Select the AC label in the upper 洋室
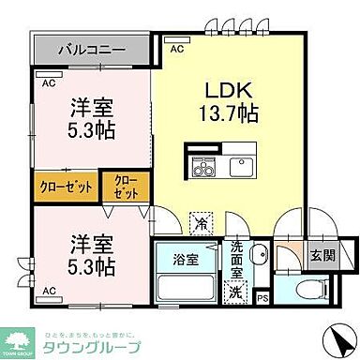click(x=48, y=82)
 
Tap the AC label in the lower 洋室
click(x=48, y=292)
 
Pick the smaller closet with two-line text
click(x=125, y=185)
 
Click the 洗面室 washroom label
click(x=240, y=259)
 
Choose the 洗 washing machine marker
click(x=239, y=292)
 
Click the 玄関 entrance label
click(x=320, y=254)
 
